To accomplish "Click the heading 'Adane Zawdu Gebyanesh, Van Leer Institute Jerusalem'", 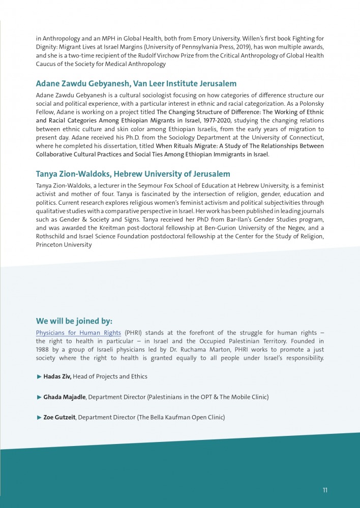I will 136,84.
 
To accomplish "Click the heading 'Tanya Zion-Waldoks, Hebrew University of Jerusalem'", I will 133,174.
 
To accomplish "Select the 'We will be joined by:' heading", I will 74,321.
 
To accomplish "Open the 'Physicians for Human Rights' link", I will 78,333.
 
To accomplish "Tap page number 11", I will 325,490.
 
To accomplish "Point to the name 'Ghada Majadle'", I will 63,397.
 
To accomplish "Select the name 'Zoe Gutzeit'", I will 59,417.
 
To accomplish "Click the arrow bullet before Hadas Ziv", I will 39,376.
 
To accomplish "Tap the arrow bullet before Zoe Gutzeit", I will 39,417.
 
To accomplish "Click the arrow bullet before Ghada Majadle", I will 39,397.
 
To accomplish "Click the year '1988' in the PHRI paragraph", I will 43,350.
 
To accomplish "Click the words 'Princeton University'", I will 64,245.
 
